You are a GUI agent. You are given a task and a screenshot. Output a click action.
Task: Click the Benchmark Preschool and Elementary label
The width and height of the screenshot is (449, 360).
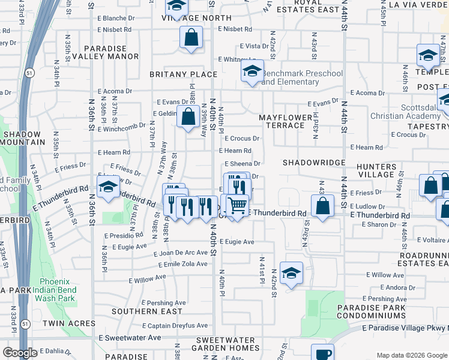[302, 77]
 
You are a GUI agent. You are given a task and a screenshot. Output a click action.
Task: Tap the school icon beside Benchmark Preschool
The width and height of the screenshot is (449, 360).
[253, 72]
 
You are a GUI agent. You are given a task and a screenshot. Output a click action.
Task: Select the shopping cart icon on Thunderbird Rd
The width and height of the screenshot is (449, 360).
[238, 205]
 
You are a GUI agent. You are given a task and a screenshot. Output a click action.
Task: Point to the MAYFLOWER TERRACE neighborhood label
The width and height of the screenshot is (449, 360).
[285, 121]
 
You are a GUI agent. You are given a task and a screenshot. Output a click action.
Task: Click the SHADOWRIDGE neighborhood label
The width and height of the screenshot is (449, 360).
[314, 163]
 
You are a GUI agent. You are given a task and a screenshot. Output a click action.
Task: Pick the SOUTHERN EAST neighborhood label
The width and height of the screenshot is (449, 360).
[146, 311]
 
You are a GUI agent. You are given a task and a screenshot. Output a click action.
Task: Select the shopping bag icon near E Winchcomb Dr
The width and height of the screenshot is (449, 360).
[188, 118]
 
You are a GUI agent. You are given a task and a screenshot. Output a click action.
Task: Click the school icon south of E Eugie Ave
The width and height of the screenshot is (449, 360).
[291, 274]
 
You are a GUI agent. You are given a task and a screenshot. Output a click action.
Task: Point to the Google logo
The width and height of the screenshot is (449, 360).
[20, 353]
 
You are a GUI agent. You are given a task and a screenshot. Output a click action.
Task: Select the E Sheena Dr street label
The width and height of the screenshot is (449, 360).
[242, 163]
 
